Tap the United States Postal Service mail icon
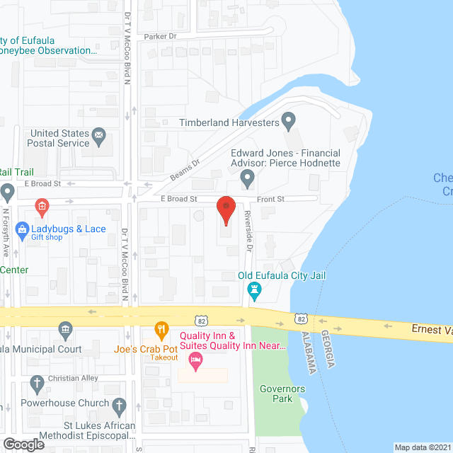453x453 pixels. click(99, 134)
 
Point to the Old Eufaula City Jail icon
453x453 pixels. click(254, 289)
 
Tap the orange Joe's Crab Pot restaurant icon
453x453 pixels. click(162, 328)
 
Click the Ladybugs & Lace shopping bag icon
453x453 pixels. click(23, 229)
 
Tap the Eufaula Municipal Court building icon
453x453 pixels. click(65, 328)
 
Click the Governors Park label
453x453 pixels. click(282, 394)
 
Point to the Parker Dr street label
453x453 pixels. click(159, 36)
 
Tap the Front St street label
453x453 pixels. click(270, 200)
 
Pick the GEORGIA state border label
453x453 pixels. click(327, 349)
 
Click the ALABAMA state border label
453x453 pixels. click(309, 352)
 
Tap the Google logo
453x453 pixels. click(23, 444)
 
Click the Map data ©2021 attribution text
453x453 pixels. click(422, 447)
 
